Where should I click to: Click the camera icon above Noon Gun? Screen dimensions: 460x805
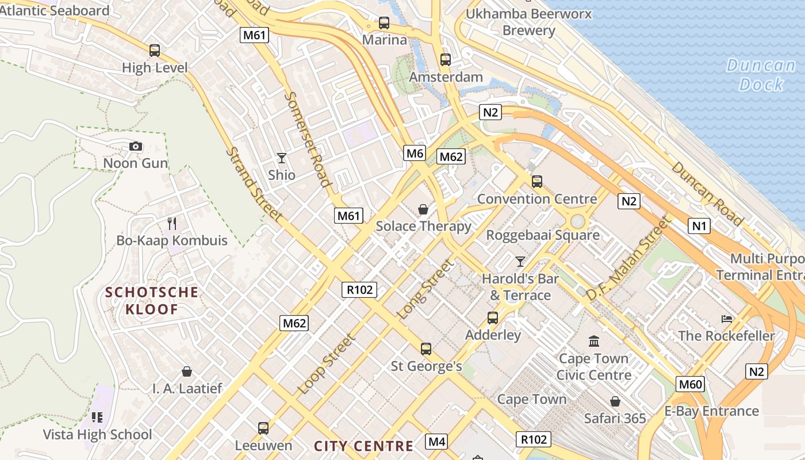pos(136,147)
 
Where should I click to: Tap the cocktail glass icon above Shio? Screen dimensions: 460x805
pos(282,158)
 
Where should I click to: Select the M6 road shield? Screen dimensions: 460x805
pos(415,153)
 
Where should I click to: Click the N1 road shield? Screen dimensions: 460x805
pos(699,226)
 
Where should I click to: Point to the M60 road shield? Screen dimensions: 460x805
pos(690,384)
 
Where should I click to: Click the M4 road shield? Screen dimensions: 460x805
pos(436,442)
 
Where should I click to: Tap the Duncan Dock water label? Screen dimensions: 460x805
pos(760,75)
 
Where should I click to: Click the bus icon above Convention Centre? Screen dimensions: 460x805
pos(537,182)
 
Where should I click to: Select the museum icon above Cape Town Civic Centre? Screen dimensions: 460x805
pos(594,342)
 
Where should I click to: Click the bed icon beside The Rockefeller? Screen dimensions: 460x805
pos(727,319)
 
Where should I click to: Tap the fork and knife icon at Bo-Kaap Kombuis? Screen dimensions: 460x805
pos(172,223)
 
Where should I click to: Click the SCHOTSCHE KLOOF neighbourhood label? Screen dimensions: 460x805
pos(152,301)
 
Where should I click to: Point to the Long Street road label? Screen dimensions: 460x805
pos(425,289)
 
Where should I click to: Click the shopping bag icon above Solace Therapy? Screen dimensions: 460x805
pos(423,209)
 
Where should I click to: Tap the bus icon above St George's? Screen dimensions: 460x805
pos(426,348)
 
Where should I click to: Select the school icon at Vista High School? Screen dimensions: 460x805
pos(97,417)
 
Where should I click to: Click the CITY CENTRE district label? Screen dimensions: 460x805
pos(363,446)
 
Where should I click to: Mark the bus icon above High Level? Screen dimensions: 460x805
pos(155,51)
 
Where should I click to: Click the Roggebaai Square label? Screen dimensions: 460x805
pos(543,235)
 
